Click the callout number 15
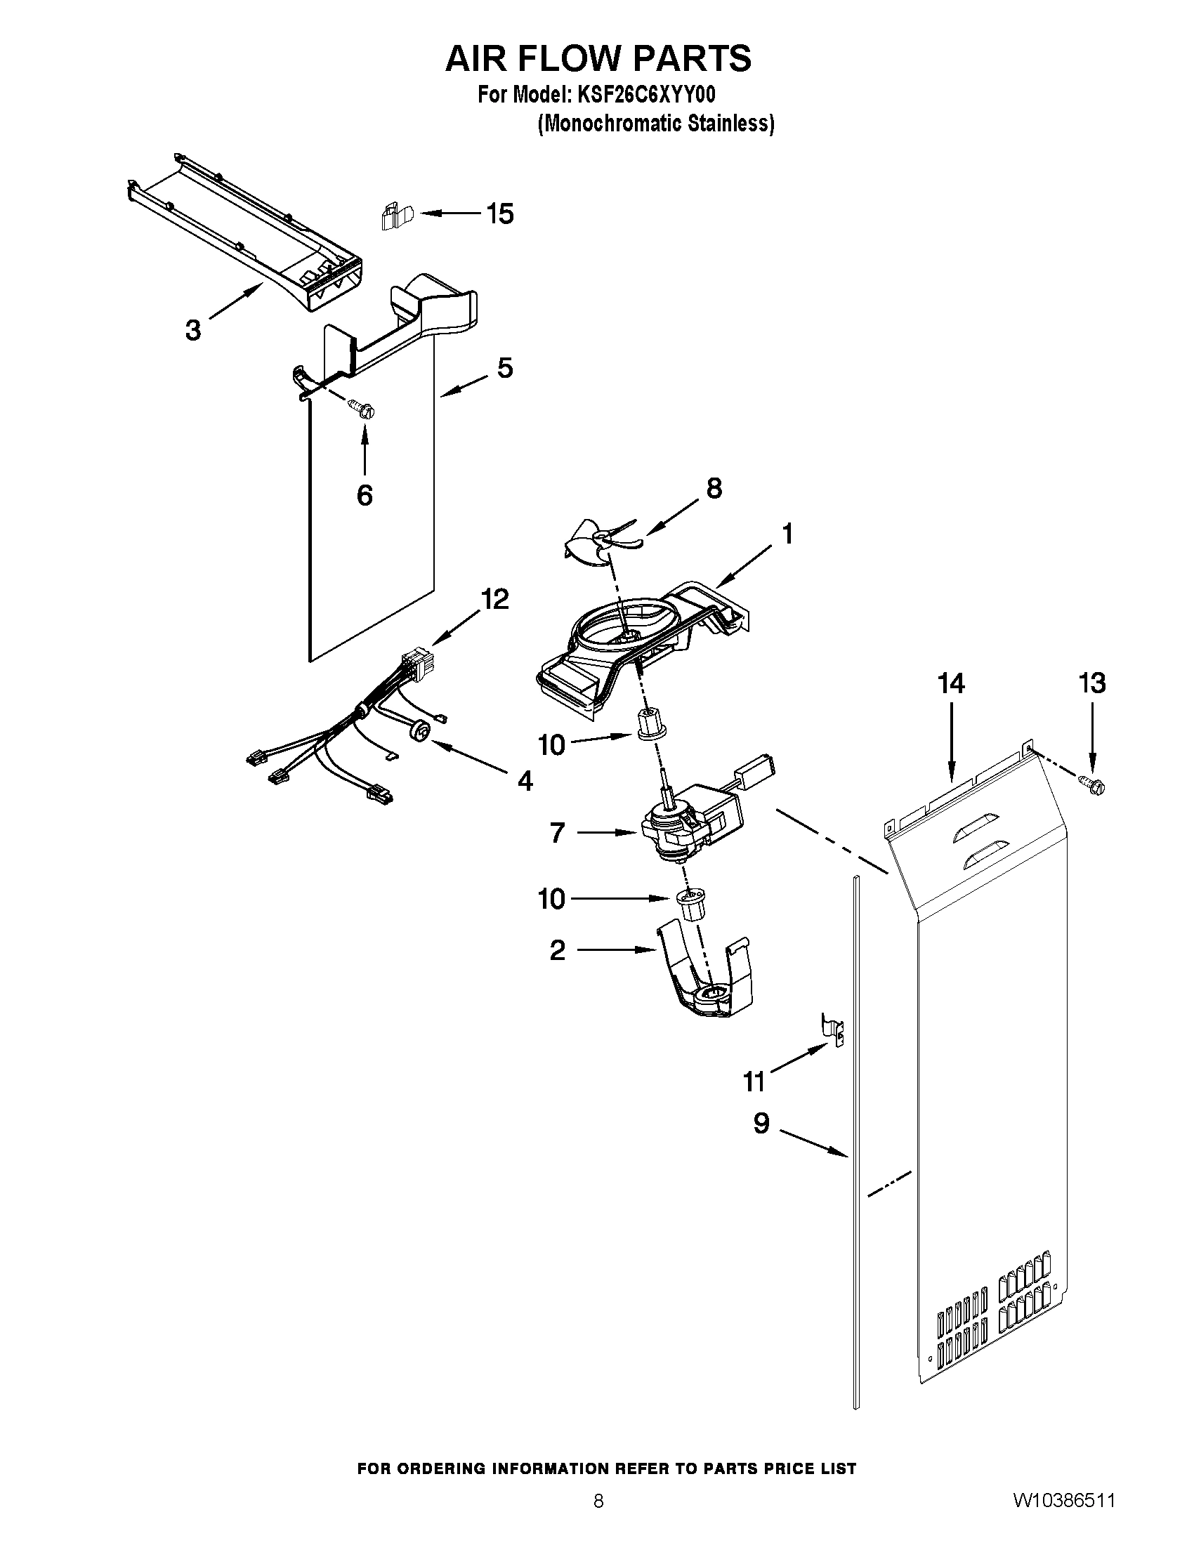pos(500,213)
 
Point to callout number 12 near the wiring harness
pos(494,600)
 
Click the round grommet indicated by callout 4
pos(420,731)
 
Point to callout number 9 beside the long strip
pos(761,1124)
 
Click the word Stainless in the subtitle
pos(734,123)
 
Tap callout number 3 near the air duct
pos(192,329)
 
